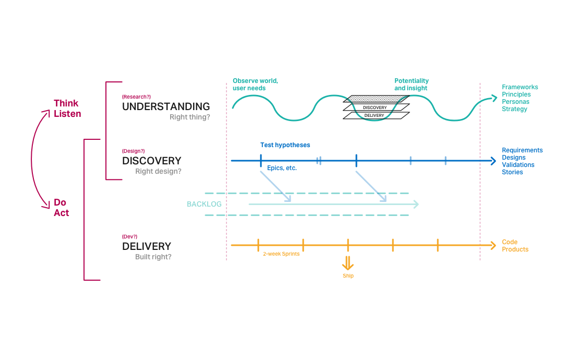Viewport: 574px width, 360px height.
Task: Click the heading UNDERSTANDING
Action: pos(166,106)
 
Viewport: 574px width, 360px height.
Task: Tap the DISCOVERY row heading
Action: pos(152,161)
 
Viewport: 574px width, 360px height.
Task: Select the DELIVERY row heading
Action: pos(147,246)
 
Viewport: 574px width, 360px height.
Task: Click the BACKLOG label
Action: pos(204,204)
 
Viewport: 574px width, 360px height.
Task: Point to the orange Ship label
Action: pos(348,275)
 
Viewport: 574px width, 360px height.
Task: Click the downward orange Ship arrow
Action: pos(348,262)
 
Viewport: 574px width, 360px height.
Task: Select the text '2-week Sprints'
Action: pos(281,254)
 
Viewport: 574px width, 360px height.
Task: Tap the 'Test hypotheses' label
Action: pos(285,145)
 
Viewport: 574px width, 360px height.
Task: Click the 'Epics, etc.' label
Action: pos(282,168)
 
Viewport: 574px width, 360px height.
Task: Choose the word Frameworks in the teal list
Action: pos(520,87)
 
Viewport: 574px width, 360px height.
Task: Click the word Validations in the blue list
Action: pos(518,165)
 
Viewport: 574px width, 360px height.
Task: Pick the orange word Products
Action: pos(515,249)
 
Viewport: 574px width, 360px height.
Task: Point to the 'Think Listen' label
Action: pos(67,109)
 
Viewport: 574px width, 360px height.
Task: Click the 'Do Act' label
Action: pos(61,208)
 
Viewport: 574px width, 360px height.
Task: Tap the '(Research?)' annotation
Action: pos(136,97)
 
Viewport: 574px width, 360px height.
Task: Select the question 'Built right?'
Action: pos(153,257)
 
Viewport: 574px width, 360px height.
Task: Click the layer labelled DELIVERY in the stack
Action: pos(374,115)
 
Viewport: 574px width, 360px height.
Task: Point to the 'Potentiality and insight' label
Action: pos(411,85)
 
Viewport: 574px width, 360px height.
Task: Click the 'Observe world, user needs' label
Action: pos(255,85)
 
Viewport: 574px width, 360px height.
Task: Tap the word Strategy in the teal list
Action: pos(515,109)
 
